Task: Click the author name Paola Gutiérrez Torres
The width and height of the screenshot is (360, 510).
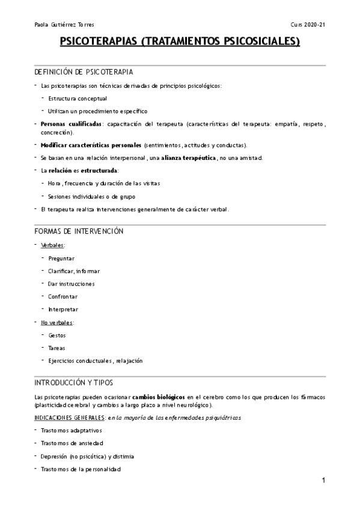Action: pyautogui.click(x=65, y=25)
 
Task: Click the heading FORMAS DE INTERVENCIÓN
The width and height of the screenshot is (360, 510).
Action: pyautogui.click(x=79, y=232)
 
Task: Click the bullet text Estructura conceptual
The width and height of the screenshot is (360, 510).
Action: pyautogui.click(x=78, y=98)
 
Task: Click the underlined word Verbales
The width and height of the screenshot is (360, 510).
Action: pyautogui.click(x=53, y=245)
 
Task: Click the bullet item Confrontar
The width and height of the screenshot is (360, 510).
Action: pyautogui.click(x=63, y=296)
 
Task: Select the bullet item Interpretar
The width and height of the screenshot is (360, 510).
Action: pyautogui.click(x=63, y=309)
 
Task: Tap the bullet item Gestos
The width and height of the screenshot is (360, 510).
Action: pyautogui.click(x=58, y=335)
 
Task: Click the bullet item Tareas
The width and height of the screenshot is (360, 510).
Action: pyautogui.click(x=57, y=348)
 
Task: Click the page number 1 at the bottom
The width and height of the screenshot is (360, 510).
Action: pyautogui.click(x=323, y=481)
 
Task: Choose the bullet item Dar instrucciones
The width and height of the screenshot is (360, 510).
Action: pyautogui.click(x=72, y=283)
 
